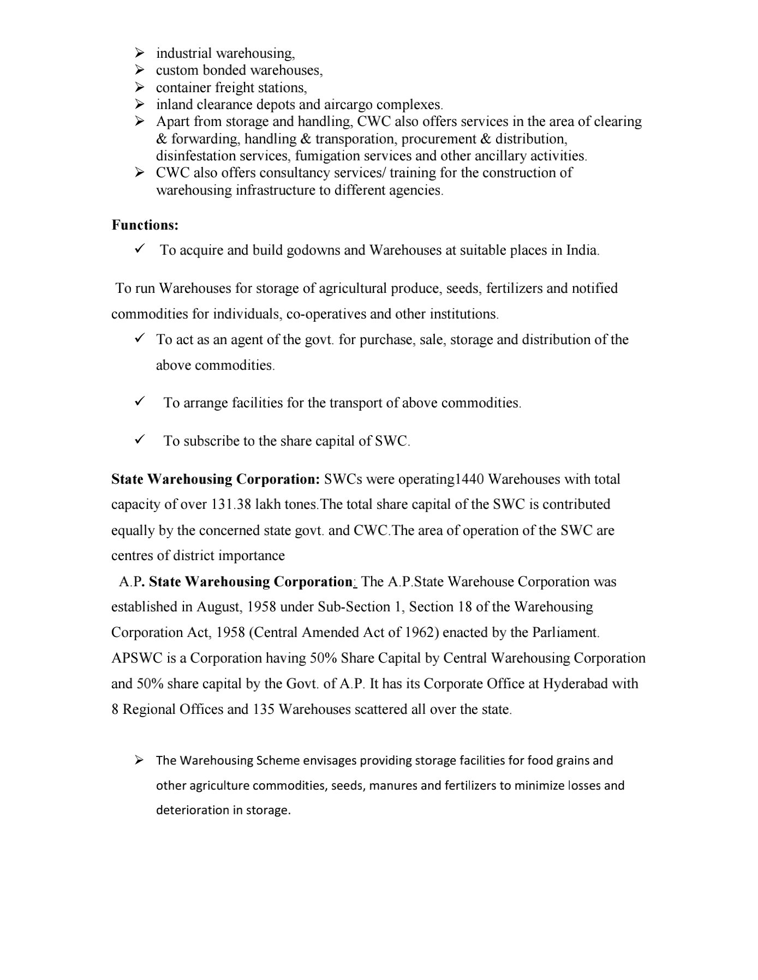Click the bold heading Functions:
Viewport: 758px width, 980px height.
[145, 225]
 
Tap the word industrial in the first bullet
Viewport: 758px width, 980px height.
[184, 53]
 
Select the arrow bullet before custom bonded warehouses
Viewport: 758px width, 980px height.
[139, 70]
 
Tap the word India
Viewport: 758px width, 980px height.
[582, 250]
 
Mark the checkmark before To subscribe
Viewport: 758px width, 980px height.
[139, 440]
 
